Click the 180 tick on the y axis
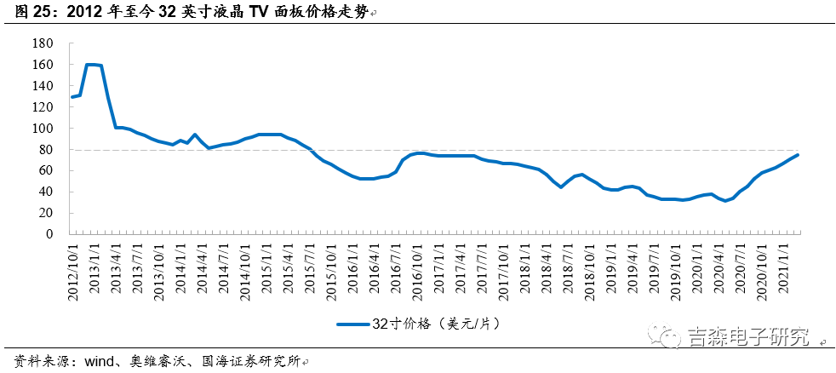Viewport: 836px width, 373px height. point(43,43)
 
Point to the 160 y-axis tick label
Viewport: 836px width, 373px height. point(43,65)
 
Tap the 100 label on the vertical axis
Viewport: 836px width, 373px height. point(43,129)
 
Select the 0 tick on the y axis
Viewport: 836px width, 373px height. point(49,234)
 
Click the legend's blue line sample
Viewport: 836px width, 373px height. point(352,324)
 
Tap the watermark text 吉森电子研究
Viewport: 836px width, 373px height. point(747,336)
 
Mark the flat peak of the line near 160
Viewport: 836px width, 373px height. point(94,65)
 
